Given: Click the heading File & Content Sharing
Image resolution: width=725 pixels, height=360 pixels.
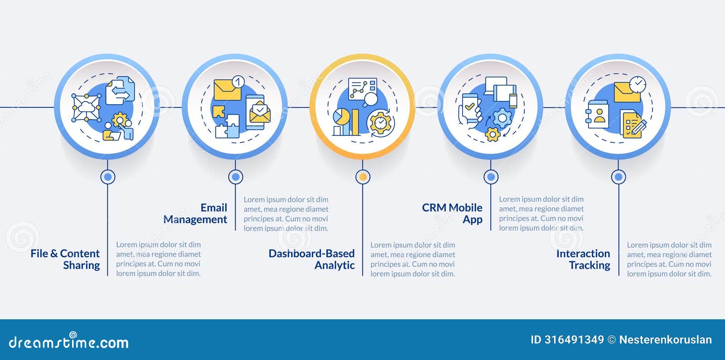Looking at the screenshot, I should pos(65,259).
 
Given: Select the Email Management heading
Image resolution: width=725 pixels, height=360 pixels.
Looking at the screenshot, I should pos(195,213).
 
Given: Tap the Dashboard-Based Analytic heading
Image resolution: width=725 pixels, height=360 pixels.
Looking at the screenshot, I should pos(311,259).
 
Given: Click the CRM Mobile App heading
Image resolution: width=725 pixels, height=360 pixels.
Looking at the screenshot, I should pos(452,213).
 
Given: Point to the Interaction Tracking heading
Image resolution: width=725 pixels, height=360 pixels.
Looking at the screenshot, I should pos(583,259).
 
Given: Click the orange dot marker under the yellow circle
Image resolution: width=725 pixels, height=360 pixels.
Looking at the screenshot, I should pos(362,177).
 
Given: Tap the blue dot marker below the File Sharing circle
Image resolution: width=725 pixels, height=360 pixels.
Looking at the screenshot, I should pos(107,177).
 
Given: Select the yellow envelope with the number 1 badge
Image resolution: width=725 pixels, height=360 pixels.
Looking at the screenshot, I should pos(228,89).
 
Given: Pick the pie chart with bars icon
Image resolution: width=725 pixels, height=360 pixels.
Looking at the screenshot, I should pos(346,122).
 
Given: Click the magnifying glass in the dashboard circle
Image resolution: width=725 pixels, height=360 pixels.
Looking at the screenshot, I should pos(370,99).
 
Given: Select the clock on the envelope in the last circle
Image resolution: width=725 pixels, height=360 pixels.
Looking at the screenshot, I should pos(638,84).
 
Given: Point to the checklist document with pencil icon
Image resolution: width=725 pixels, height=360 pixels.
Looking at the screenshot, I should pos(633,125).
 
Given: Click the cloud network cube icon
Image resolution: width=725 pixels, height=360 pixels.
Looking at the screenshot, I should pos(86,108).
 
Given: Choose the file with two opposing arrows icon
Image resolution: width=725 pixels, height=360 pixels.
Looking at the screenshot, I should pos(120,91).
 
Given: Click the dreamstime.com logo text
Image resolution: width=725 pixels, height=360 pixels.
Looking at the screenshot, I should pos(68,342).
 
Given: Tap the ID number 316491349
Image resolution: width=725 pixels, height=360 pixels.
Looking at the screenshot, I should pos(567,340).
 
